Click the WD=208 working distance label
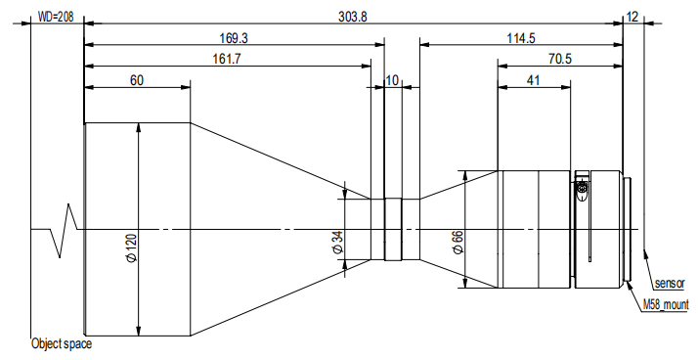56,17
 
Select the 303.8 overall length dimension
353,17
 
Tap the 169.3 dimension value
234,38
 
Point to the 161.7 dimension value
227,59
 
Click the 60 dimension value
137,80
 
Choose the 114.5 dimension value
521,38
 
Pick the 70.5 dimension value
560,59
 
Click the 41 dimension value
533,80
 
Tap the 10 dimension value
392,80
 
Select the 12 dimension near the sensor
633,17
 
